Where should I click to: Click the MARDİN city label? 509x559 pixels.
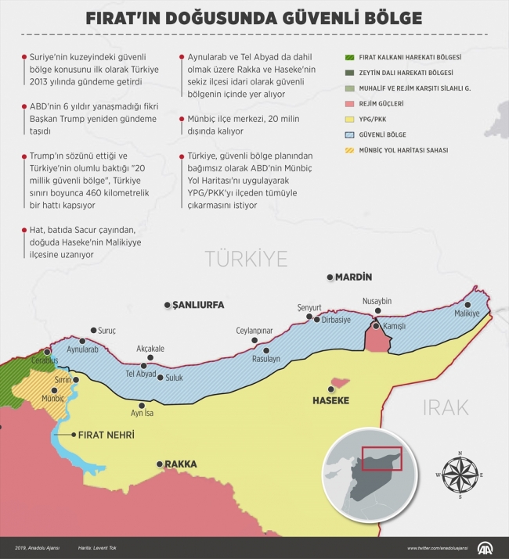[354, 278]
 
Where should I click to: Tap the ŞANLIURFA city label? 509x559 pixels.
[197, 305]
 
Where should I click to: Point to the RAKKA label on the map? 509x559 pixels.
[180, 464]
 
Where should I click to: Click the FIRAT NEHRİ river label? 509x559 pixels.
[104, 435]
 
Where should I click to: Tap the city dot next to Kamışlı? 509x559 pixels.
[375, 325]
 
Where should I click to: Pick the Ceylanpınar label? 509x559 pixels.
[254, 331]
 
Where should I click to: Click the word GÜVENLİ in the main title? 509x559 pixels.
[317, 17]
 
